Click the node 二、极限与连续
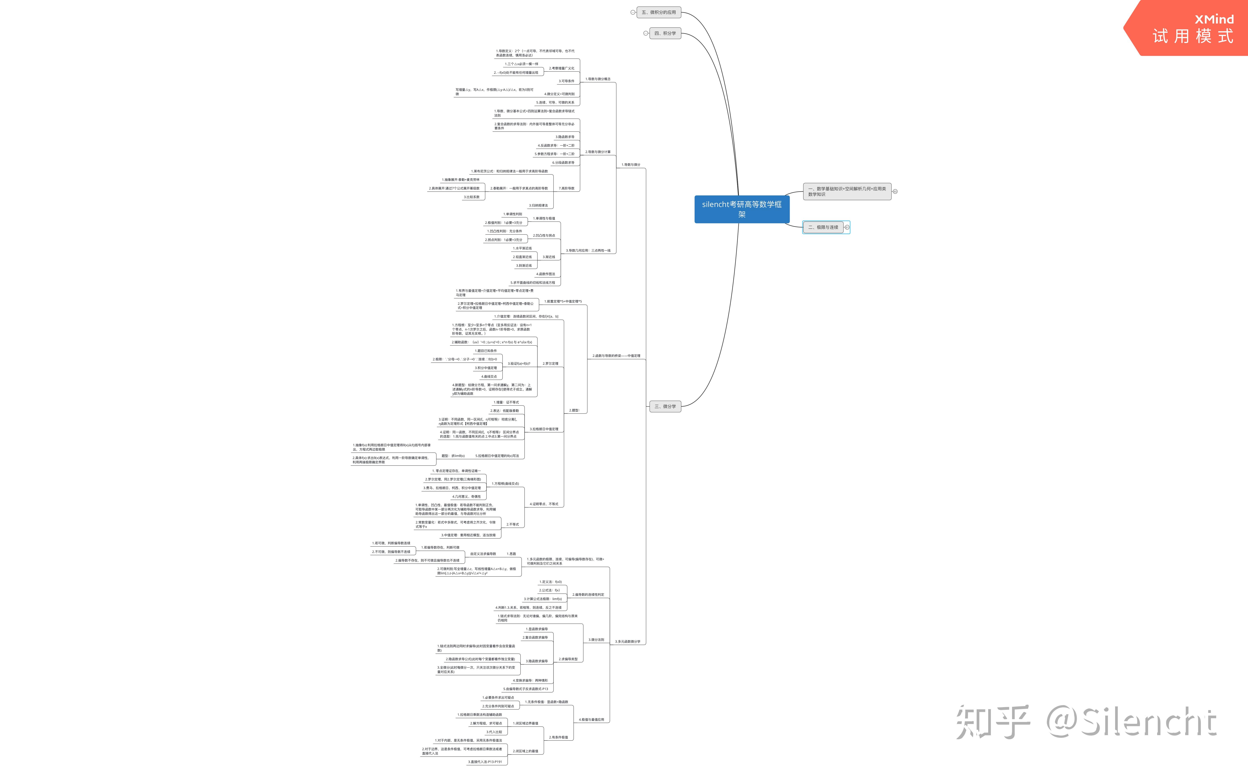coord(823,227)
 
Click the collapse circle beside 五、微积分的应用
coord(633,12)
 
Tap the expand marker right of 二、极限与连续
coord(847,227)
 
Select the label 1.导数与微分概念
coord(598,79)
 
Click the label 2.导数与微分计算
coord(598,152)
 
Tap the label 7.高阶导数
coord(566,188)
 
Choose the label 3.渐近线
coord(549,257)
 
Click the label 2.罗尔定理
coord(550,363)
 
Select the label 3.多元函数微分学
coord(627,641)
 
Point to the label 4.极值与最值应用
coord(591,719)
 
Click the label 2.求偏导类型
coord(568,659)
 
